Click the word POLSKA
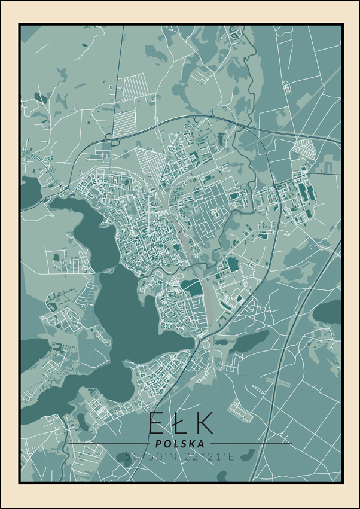(x=179, y=444)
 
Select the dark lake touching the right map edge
(x=329, y=311)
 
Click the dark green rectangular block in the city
(x=193, y=286)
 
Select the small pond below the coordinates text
(x=222, y=476)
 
